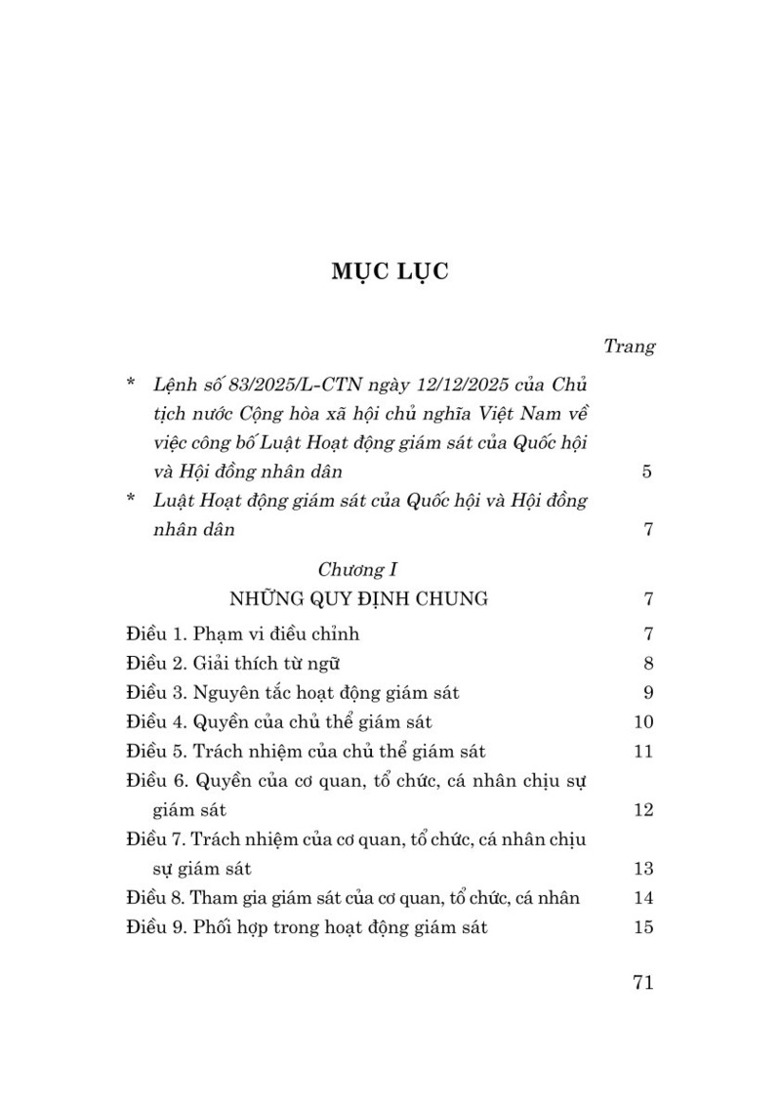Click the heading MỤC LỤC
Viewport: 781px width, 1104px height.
coord(390,270)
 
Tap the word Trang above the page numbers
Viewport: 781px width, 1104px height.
coord(629,346)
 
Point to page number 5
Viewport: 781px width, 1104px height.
coord(647,472)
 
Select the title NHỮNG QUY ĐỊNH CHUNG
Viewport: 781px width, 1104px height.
coord(358,598)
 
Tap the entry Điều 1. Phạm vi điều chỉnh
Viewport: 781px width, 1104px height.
coord(243,634)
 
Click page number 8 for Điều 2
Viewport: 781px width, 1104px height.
coord(647,664)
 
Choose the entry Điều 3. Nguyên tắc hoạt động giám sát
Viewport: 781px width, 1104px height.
coord(293,693)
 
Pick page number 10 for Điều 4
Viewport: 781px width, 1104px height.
coord(642,722)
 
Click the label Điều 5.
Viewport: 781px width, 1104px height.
coord(156,752)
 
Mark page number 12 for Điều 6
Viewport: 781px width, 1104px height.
coord(642,810)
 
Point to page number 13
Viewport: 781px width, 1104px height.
coord(642,869)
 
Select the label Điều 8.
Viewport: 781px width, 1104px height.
coord(156,898)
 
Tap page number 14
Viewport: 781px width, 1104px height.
coord(642,898)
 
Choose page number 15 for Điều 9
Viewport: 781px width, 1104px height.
coord(642,927)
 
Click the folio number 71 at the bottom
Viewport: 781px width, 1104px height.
coord(642,983)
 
